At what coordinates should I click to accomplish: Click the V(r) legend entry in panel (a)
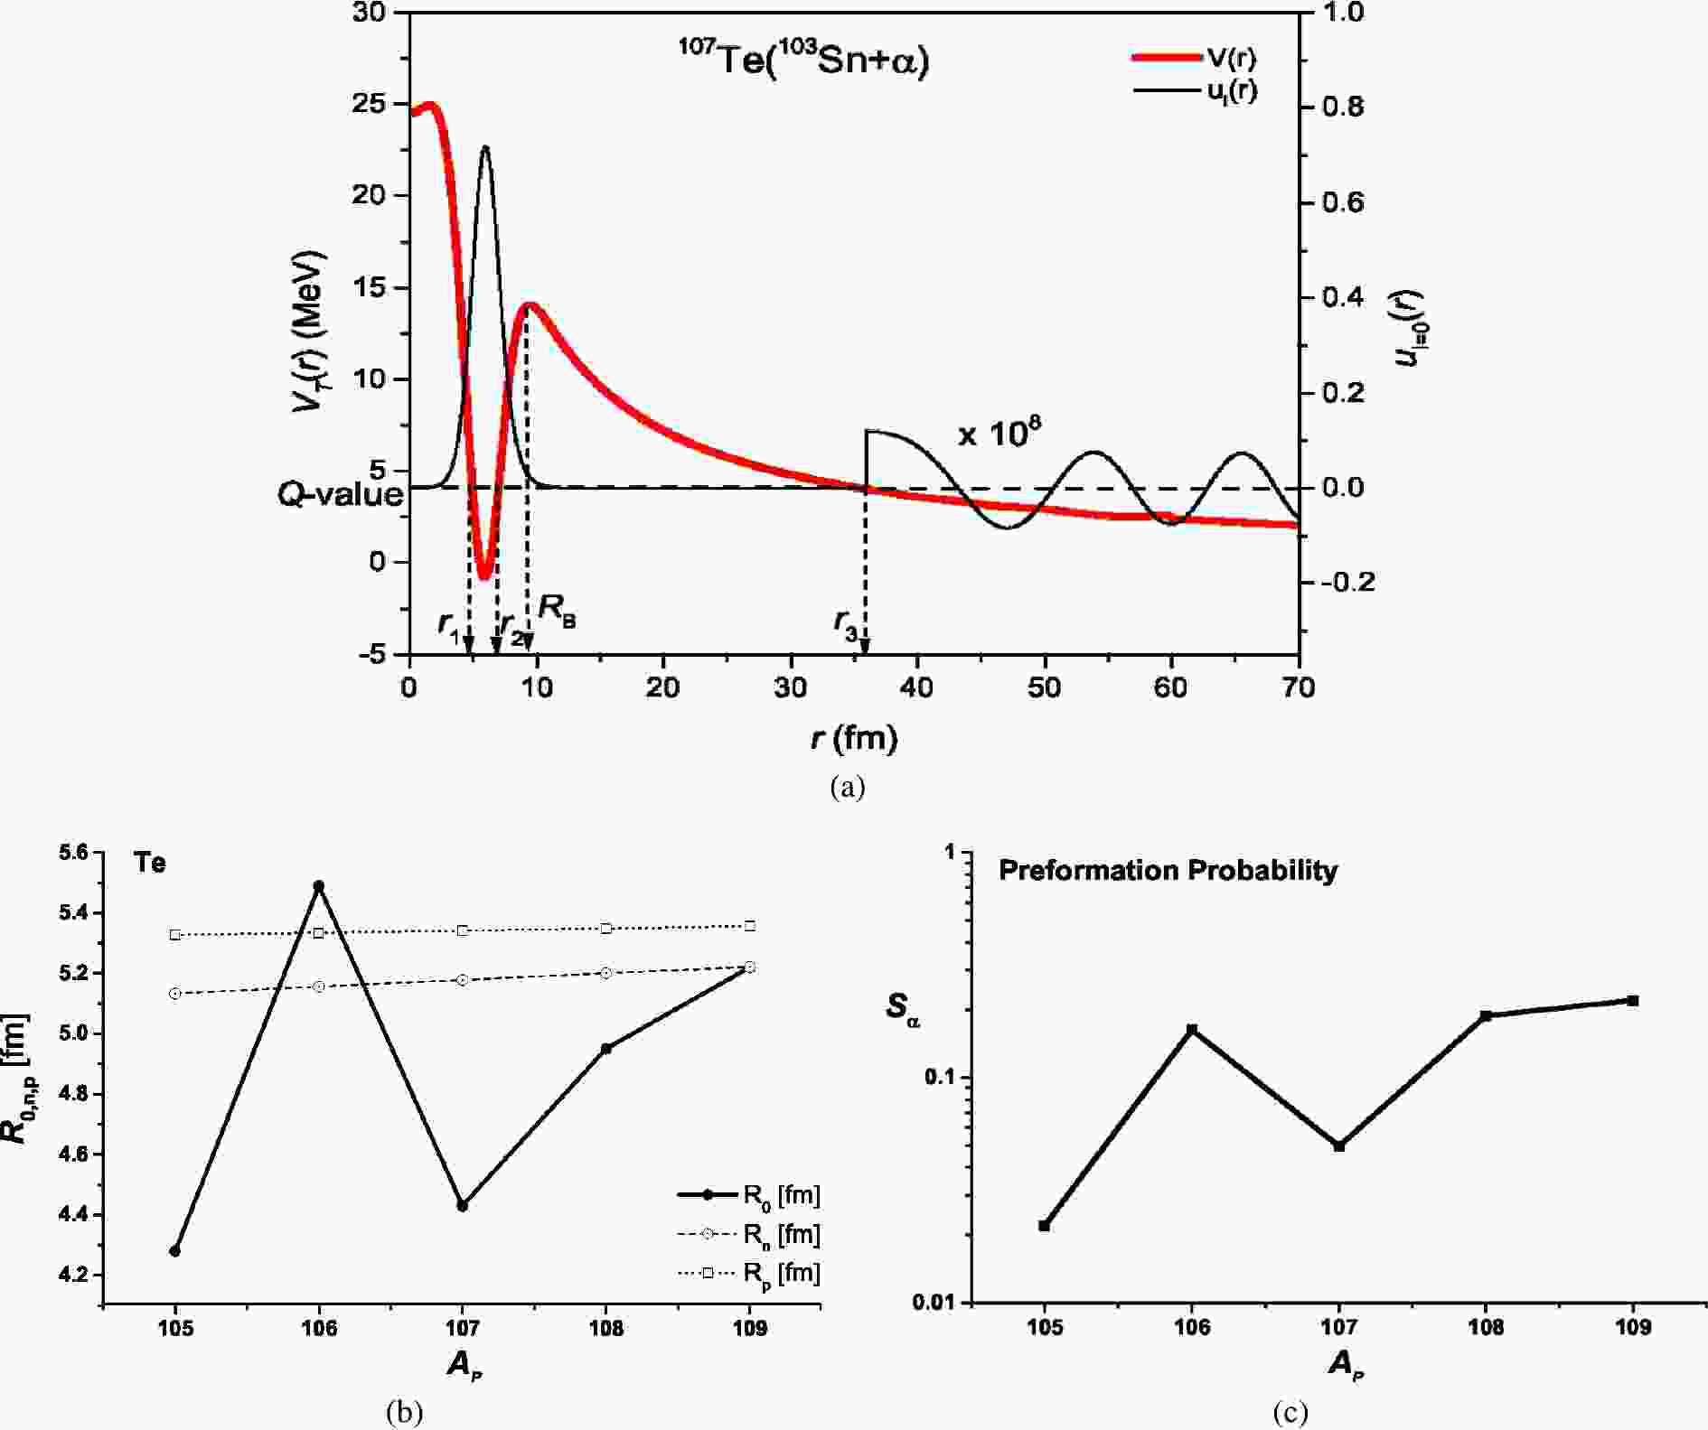click(1193, 58)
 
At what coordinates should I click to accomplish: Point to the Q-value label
click(341, 494)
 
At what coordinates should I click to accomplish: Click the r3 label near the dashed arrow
click(846, 623)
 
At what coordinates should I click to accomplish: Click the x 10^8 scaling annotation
click(999, 434)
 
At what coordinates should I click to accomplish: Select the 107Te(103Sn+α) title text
click(804, 61)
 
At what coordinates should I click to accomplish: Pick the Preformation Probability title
click(1168, 870)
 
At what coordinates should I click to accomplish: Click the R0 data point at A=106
click(318, 886)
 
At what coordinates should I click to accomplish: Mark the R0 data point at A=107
click(463, 1205)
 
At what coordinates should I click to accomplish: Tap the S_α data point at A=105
click(1045, 1226)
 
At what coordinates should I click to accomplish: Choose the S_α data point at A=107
click(1339, 1146)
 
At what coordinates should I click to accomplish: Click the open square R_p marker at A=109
click(750, 926)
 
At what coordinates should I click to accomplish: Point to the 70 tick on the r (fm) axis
click(1299, 688)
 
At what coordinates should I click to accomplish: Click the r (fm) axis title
click(854, 739)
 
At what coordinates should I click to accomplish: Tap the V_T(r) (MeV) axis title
click(307, 332)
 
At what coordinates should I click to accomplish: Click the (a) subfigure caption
click(847, 787)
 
